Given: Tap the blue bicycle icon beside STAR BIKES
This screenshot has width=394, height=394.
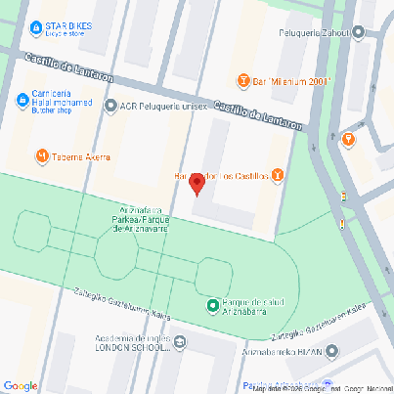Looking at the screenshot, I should click(35, 28).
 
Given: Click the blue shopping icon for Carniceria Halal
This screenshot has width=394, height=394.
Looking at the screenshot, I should click(22, 100).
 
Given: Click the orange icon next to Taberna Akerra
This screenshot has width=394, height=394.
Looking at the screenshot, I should click(42, 154).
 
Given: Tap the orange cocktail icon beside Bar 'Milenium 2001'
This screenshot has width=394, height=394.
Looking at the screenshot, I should click(243, 80).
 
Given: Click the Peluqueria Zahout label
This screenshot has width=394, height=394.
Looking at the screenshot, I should click(315, 31).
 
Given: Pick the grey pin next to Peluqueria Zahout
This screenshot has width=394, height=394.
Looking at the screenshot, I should click(359, 31).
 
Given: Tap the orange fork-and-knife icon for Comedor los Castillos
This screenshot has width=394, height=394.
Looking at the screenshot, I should click(279, 176).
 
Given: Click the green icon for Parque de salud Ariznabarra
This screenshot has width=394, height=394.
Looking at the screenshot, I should click(213, 307).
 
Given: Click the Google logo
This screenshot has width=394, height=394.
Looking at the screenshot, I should click(20, 385).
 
